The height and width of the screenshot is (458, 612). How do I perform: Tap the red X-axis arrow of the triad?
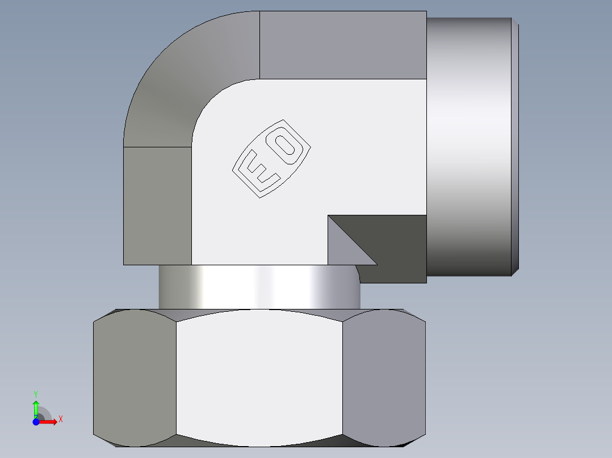tap(50, 422)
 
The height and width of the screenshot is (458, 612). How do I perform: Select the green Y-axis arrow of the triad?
tap(36, 408)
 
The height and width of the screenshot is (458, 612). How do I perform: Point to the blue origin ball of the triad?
tap(36, 422)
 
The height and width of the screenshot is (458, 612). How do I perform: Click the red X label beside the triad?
tap(61, 419)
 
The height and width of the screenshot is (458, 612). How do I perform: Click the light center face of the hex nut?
tap(259, 377)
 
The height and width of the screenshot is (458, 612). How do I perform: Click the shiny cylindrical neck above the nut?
tap(259, 287)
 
